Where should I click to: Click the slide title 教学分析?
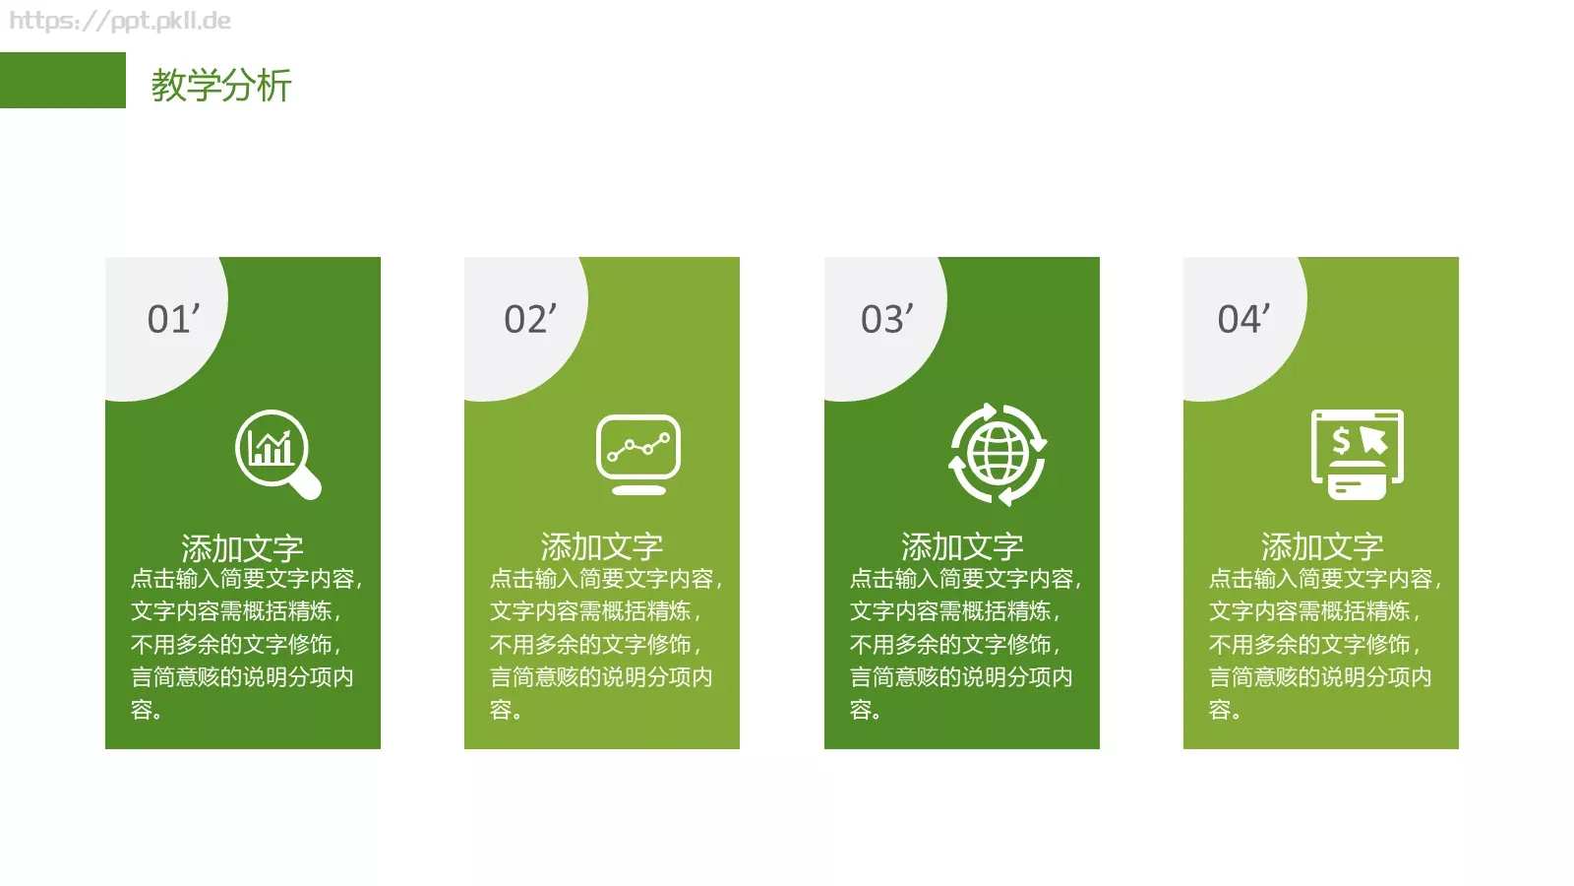coord(221,86)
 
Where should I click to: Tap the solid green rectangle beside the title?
coord(62,81)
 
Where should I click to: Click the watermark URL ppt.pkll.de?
coord(120,21)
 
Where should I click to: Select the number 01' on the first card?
coord(173,319)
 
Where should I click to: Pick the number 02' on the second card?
coord(530,319)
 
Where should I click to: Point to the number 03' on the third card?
coord(887,319)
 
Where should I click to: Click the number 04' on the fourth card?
coord(1244,319)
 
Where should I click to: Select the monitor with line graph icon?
coord(638,454)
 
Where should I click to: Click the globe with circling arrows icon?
coord(998,454)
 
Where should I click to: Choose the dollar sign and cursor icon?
coord(1358,454)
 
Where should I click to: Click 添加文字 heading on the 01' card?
coord(242,547)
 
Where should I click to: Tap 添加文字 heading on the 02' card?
coord(602,546)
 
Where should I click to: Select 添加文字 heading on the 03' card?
coord(962,546)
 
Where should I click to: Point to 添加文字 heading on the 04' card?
coord(1322,546)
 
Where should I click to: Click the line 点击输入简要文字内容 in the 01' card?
coord(246,579)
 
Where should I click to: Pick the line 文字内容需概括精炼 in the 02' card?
coord(595,611)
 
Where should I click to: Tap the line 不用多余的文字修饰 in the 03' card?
coord(954,645)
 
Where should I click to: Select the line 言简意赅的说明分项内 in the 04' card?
coord(1320,677)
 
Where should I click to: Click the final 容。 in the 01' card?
coord(147,710)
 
